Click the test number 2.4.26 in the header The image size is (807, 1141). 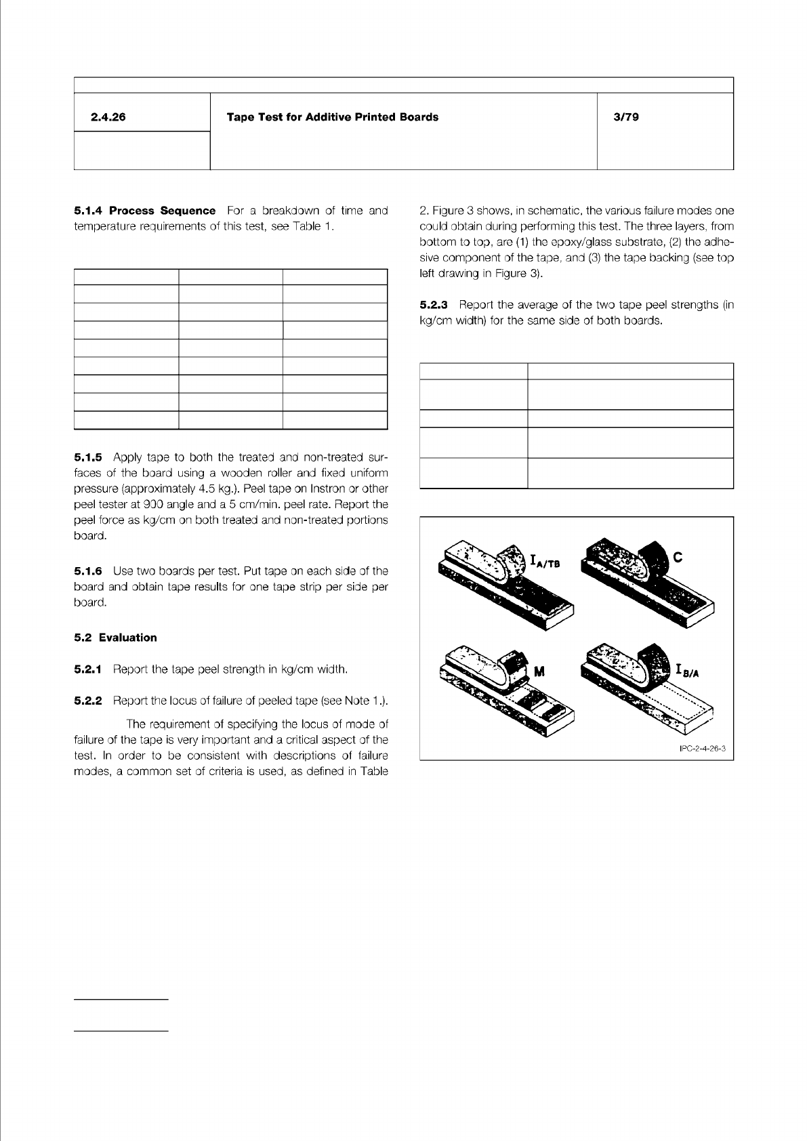coord(108,117)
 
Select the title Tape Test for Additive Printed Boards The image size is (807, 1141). coord(332,117)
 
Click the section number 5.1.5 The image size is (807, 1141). coord(88,457)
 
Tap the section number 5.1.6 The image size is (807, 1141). coord(88,571)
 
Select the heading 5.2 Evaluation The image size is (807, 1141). coord(115,638)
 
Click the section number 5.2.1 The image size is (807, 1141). coord(88,670)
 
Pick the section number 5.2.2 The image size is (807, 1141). coord(88,701)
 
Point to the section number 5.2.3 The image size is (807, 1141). coord(434,305)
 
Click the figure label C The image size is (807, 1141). coord(677,557)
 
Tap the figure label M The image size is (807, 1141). coord(540,672)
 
